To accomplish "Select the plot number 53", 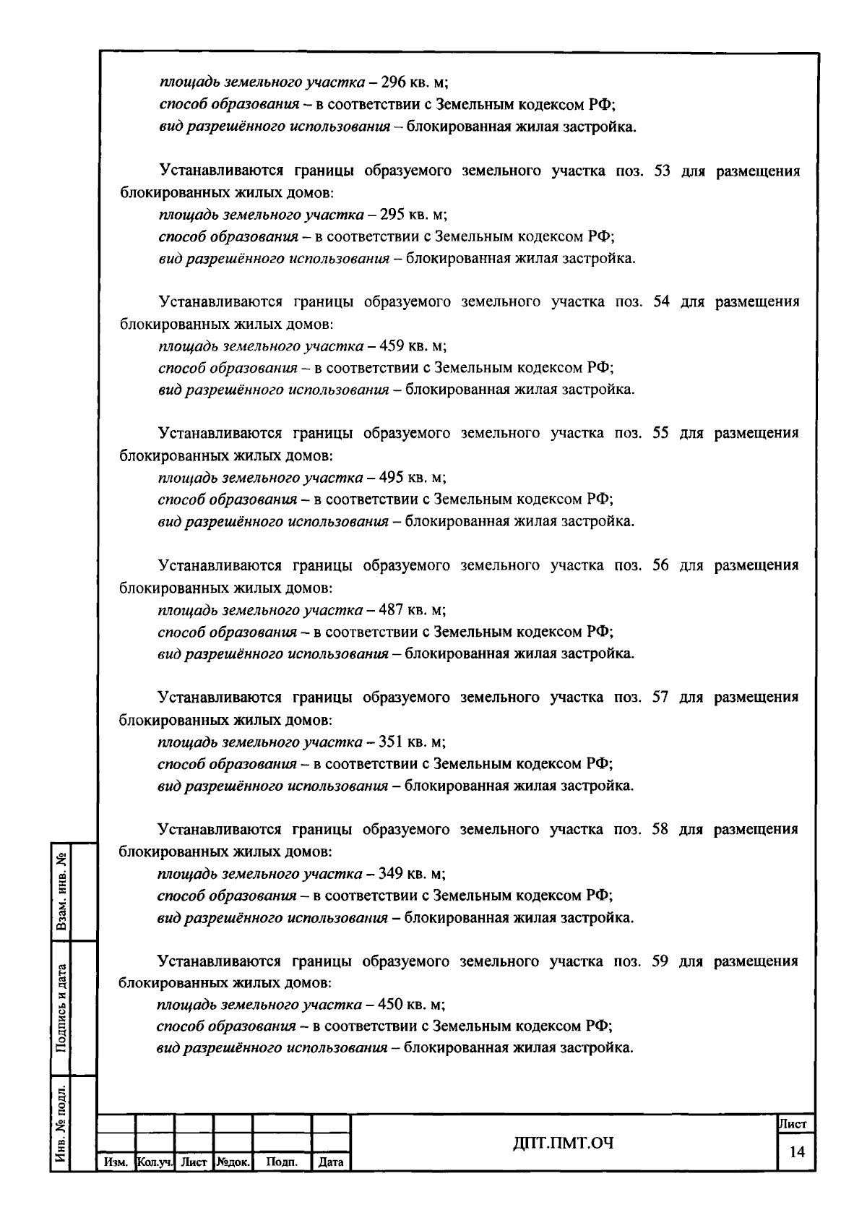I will (662, 171).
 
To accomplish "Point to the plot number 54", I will (662, 302).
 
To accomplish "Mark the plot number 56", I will (661, 566).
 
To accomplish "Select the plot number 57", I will (661, 698).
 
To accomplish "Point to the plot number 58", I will (660, 830).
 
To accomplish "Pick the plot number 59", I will (660, 961).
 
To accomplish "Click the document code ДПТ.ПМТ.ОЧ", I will (563, 1143).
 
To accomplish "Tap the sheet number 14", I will (797, 1152).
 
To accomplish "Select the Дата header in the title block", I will (331, 1162).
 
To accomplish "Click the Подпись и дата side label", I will (61, 1008).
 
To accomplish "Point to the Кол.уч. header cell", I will (155, 1162).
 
